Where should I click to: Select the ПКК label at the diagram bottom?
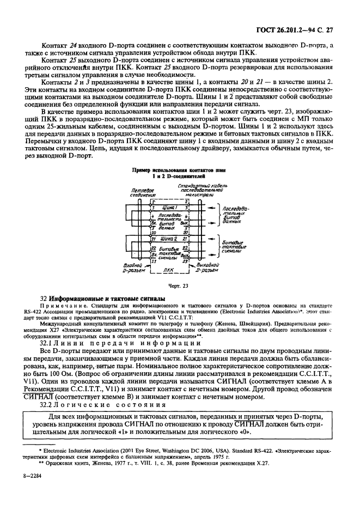[168, 269]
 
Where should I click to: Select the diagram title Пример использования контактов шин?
[180, 170]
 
